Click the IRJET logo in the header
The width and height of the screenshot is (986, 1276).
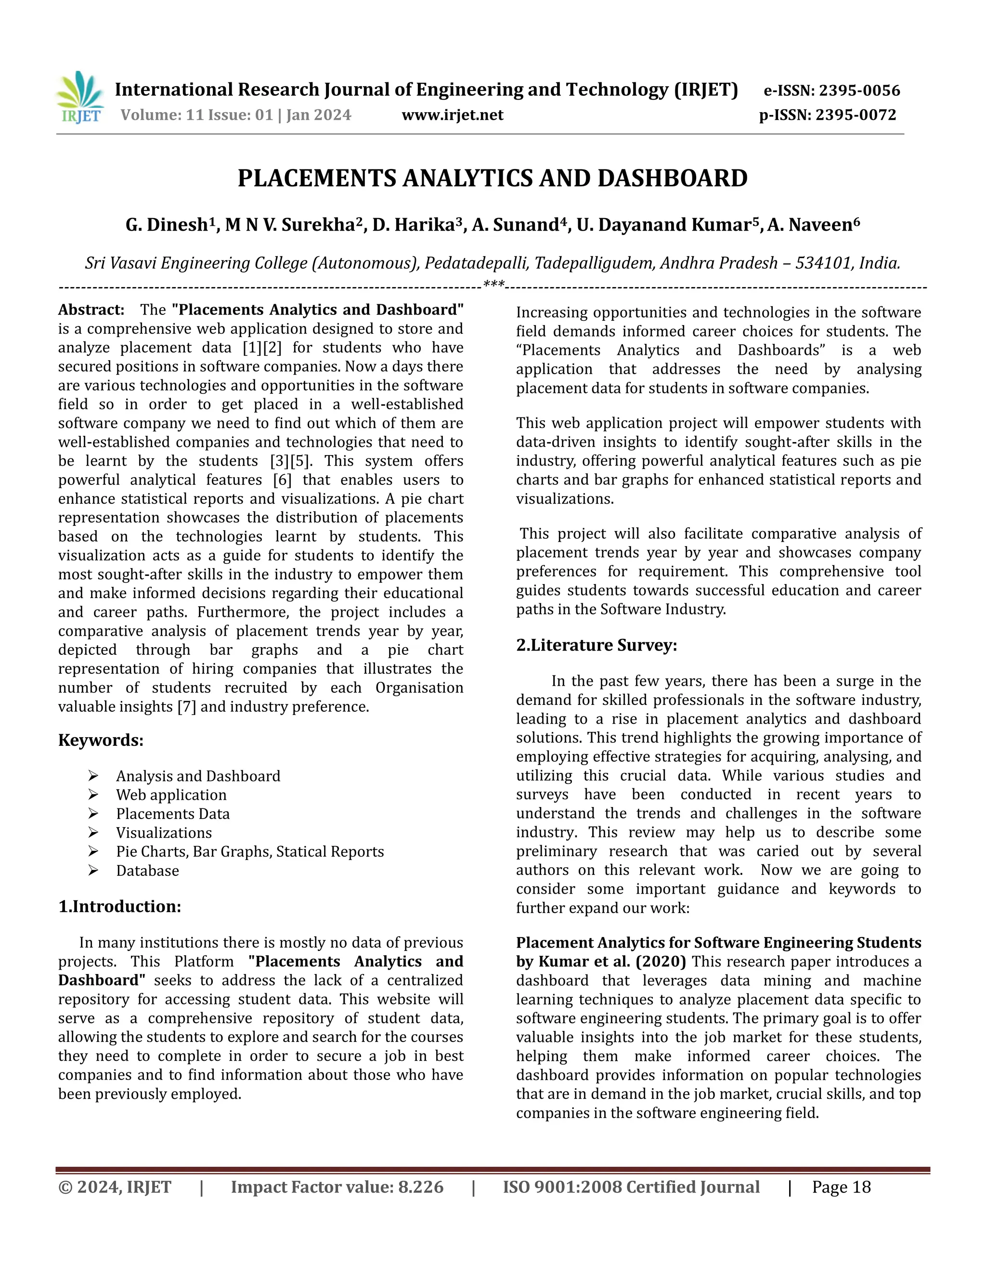[80, 98]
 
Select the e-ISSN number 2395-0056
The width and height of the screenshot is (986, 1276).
[859, 91]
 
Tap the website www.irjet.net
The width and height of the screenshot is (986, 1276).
[452, 115]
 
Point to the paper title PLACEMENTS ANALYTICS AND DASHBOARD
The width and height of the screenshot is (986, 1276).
[493, 178]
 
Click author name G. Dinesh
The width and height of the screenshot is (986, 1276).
[167, 225]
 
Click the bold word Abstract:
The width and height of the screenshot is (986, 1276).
[91, 310]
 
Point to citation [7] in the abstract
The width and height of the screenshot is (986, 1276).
[186, 707]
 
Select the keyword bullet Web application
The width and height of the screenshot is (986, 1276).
[171, 795]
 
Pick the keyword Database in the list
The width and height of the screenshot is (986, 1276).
[147, 871]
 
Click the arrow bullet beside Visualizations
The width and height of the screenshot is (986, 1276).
[93, 833]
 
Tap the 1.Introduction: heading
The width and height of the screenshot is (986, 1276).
[120, 906]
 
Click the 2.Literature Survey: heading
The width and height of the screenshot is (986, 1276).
[597, 645]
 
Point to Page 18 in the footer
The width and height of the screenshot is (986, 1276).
[841, 1187]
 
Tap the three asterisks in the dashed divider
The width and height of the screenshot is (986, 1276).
[493, 285]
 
